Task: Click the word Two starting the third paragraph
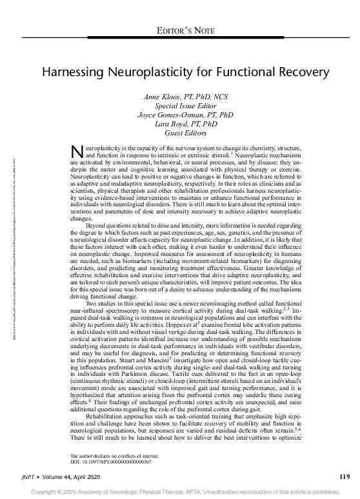[x=93, y=302]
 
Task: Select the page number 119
[x=343, y=478]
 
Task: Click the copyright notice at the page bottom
[x=180, y=492]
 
